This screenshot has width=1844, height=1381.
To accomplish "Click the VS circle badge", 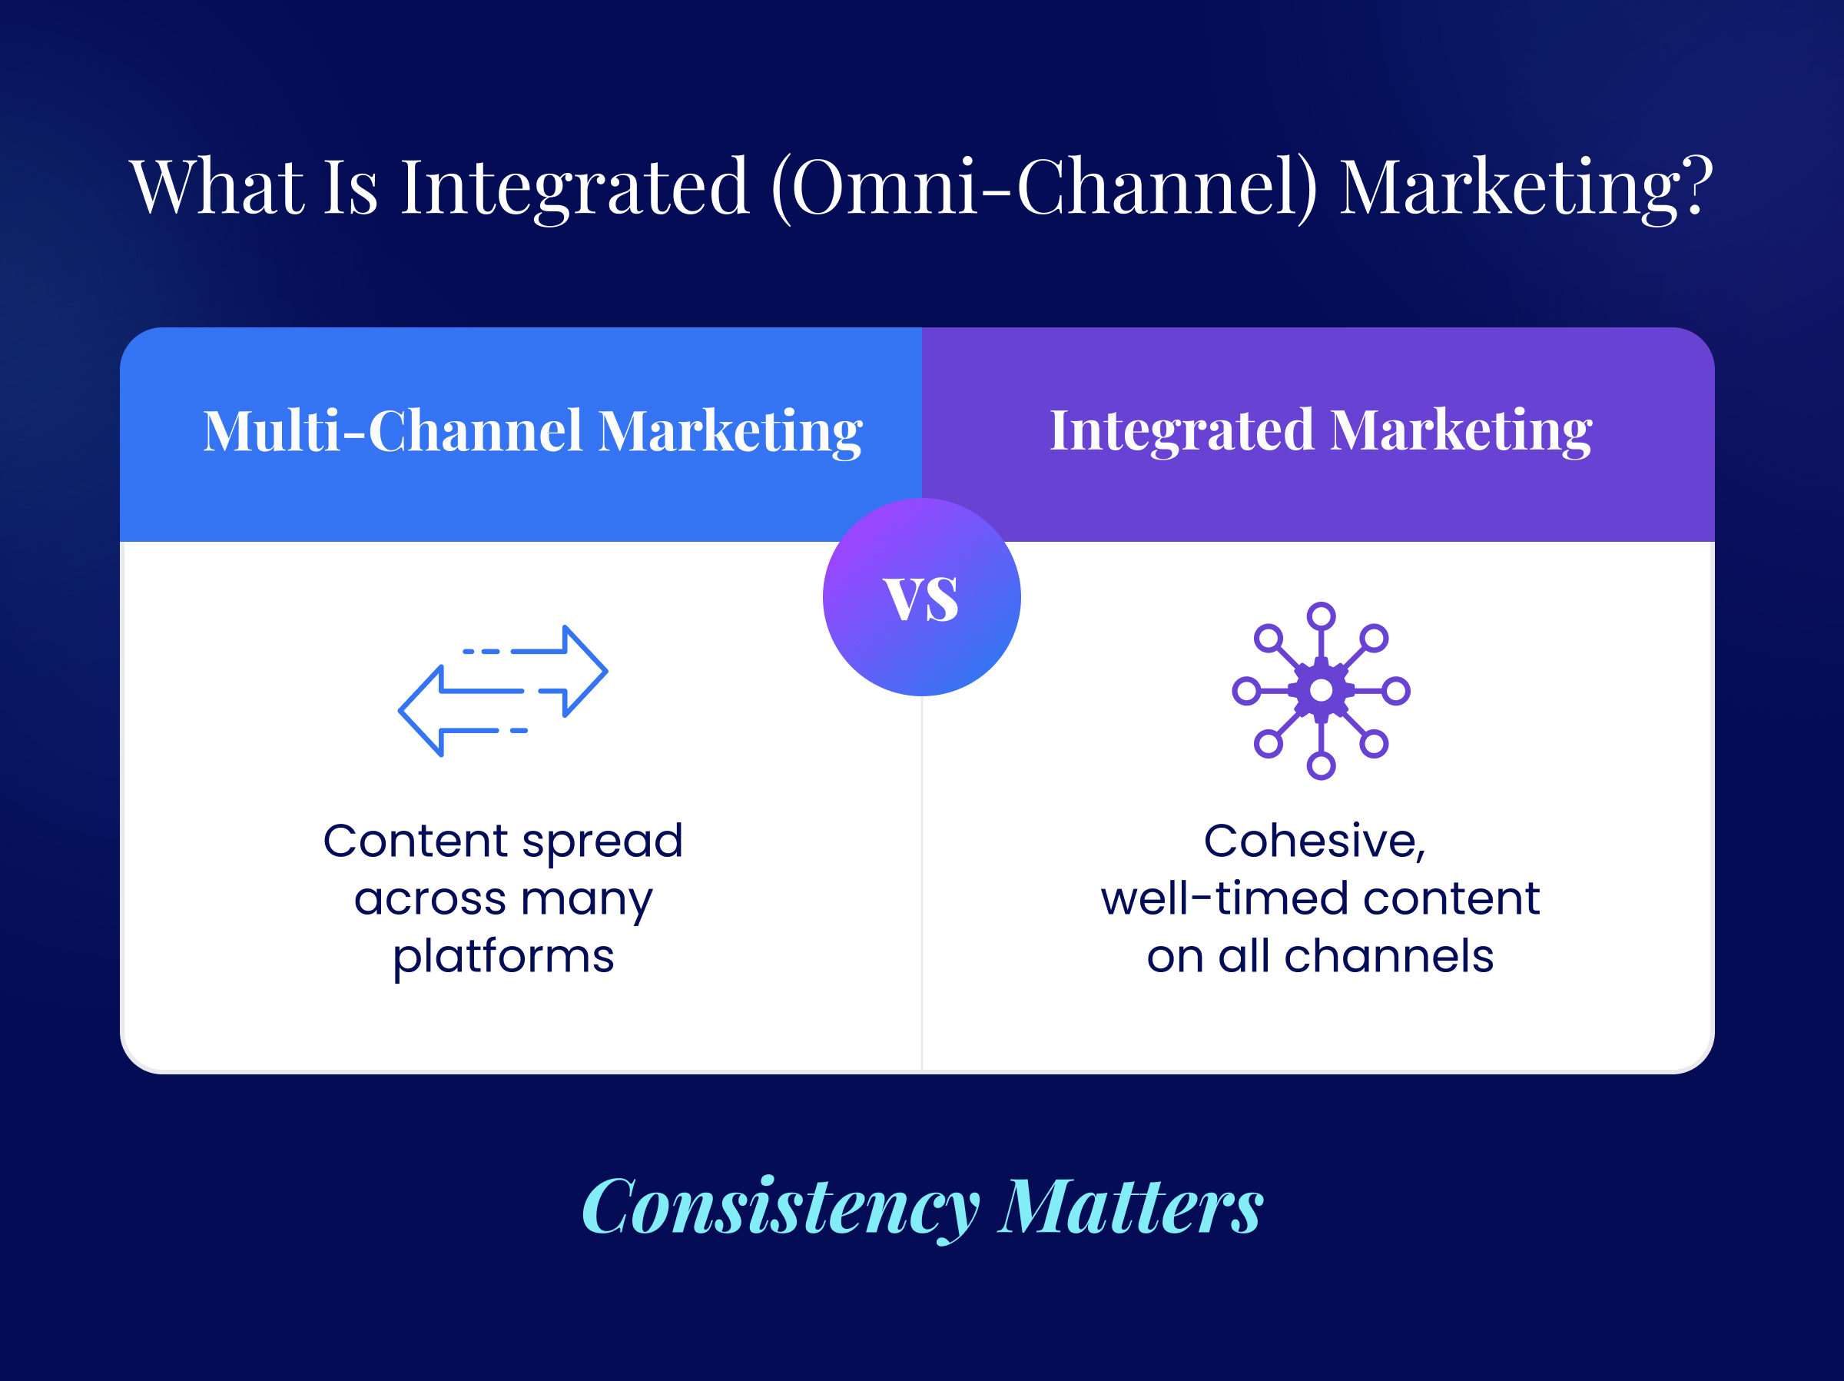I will pyautogui.click(x=921, y=597).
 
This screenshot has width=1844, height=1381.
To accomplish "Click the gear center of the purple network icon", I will pyautogui.click(x=1321, y=690).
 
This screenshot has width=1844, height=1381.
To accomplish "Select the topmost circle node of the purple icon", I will pyautogui.click(x=1321, y=616).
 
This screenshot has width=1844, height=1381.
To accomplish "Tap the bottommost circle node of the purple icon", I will pyautogui.click(x=1321, y=765).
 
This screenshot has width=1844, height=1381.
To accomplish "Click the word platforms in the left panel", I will pyautogui.click(x=503, y=957).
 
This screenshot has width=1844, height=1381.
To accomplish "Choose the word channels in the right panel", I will pyautogui.click(x=1389, y=956).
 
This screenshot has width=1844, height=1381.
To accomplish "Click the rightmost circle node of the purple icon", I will pyautogui.click(x=1395, y=690).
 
